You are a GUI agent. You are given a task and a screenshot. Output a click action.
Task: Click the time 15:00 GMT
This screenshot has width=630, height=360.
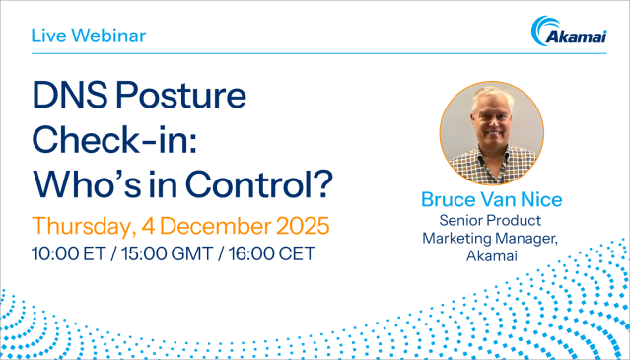click(x=169, y=253)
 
